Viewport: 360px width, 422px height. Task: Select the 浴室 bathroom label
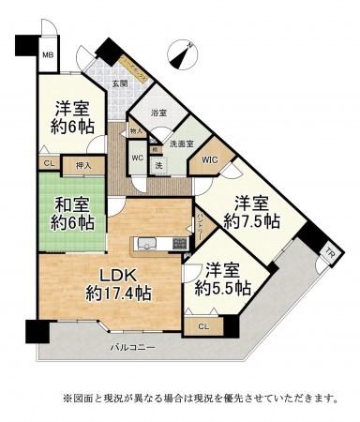(x=159, y=113)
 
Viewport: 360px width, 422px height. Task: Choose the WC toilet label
(x=137, y=157)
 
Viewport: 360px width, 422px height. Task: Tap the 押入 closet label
(x=83, y=166)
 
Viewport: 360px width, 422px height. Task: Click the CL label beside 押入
(x=47, y=165)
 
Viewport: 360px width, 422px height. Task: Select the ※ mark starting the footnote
(x=67, y=398)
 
